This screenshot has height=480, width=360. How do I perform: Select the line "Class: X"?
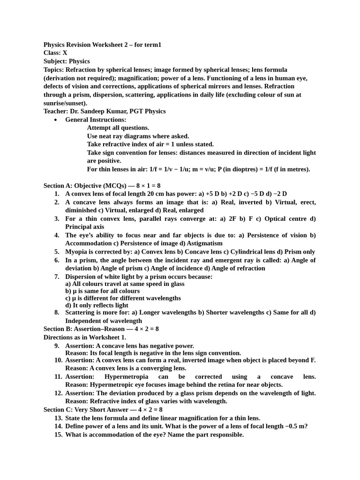(55, 53)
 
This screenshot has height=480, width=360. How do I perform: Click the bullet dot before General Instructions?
(56, 120)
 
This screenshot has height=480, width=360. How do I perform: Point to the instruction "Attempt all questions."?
(118, 127)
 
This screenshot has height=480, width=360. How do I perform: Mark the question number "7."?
(57, 277)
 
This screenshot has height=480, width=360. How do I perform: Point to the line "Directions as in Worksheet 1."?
(85, 337)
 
